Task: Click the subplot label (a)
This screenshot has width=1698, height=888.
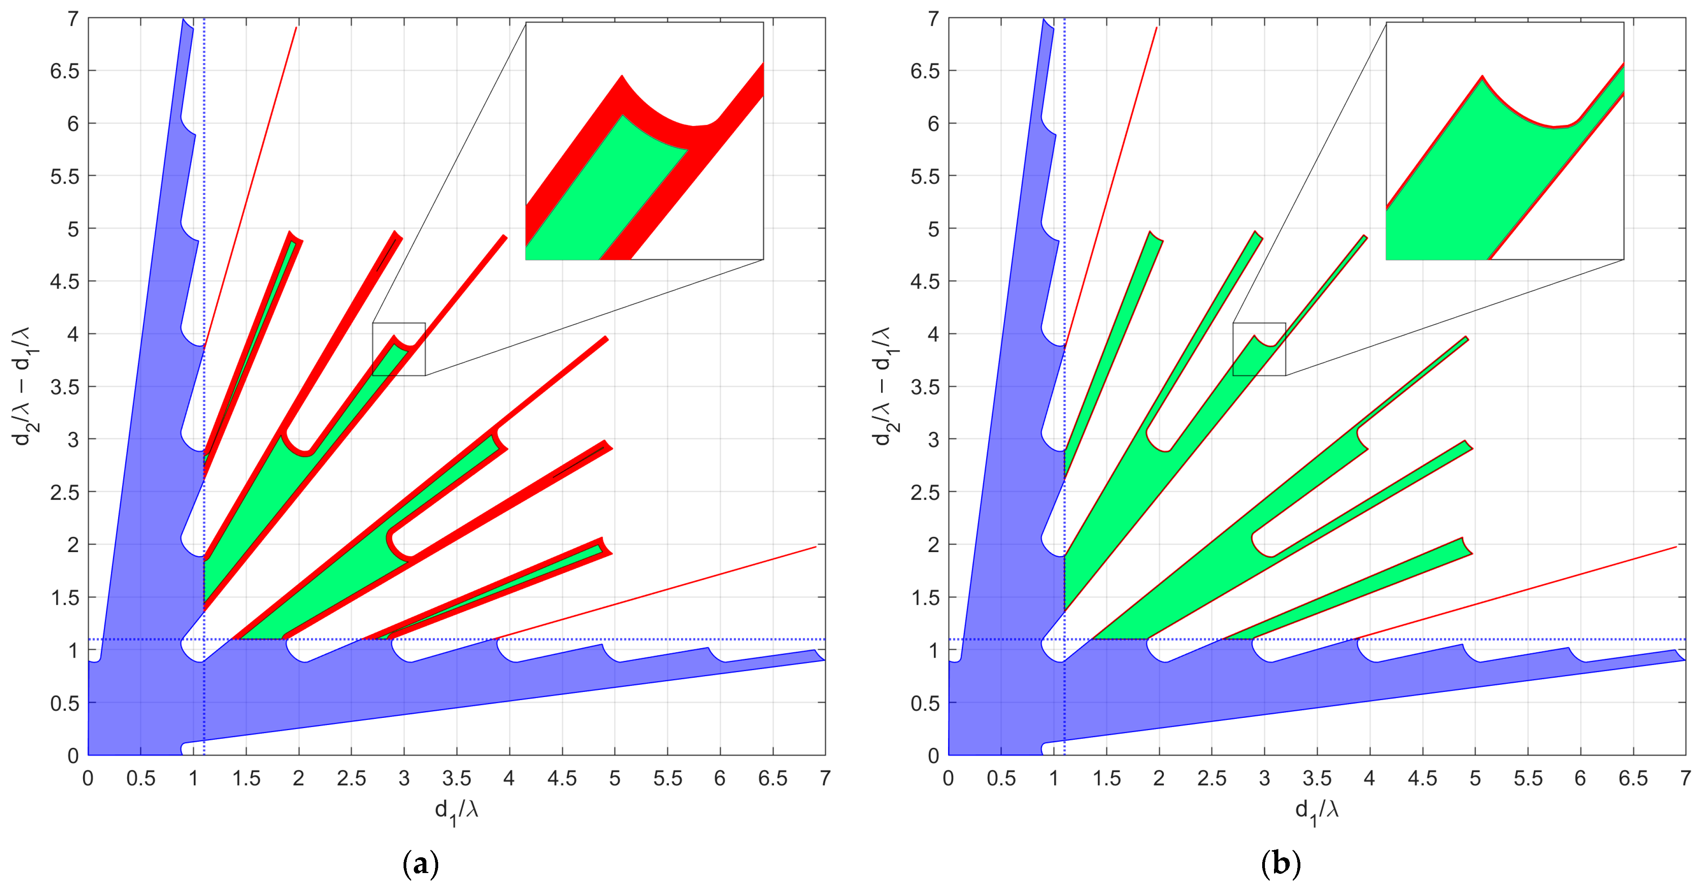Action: (420, 864)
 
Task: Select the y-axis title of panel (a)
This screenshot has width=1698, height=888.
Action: (28, 386)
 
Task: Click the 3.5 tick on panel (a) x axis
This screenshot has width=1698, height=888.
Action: (456, 779)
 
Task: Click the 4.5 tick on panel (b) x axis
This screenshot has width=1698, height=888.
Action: (1422, 779)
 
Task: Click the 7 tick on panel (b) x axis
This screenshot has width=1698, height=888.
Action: (1685, 779)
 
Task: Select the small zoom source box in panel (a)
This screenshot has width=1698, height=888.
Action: (399, 349)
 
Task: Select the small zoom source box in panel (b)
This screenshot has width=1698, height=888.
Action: (1259, 349)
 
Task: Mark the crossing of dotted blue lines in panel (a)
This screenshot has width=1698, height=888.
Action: (204, 640)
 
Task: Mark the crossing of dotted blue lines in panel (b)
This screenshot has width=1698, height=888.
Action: (1065, 640)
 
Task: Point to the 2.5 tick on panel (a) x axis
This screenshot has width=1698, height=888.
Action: (351, 779)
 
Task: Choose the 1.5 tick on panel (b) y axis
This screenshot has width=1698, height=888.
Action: (925, 598)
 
